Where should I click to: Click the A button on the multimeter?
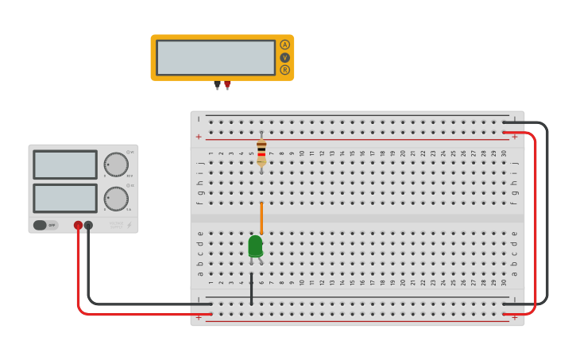click(x=284, y=45)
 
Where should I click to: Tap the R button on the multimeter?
click(x=284, y=70)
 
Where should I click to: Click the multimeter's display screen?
click(x=215, y=57)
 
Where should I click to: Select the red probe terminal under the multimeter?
click(x=227, y=83)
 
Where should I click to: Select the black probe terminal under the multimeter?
click(x=217, y=83)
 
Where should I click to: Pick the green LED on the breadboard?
click(x=255, y=246)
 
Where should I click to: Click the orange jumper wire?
click(x=261, y=218)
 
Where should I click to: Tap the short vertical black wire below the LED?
click(x=252, y=290)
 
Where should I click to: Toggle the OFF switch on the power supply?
click(x=45, y=225)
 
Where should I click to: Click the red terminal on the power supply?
click(x=78, y=225)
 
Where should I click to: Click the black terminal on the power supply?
click(x=88, y=225)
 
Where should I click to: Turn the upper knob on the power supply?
click(x=116, y=165)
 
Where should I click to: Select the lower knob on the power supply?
click(x=116, y=199)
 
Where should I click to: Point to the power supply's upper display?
click(x=65, y=165)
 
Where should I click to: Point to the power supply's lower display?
click(x=65, y=198)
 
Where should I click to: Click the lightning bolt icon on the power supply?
click(x=130, y=225)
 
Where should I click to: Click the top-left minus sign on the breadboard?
click(x=199, y=119)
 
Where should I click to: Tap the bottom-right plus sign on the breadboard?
click(x=514, y=317)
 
